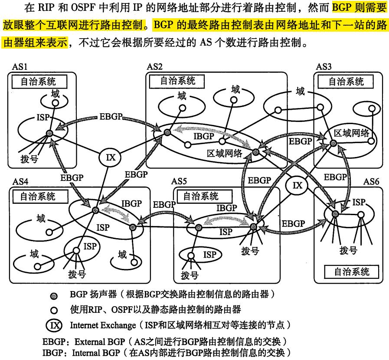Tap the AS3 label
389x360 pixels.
[x=324, y=66]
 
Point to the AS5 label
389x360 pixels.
[x=180, y=181]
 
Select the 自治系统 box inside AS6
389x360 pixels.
[x=352, y=272]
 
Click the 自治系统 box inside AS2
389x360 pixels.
[x=178, y=81]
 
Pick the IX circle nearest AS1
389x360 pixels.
[x=111, y=157]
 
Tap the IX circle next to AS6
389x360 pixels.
[x=297, y=186]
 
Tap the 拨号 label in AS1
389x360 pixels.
[x=29, y=159]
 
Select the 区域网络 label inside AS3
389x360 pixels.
[x=352, y=133]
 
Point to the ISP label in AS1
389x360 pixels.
[x=44, y=118]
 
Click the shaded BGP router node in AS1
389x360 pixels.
[x=49, y=133]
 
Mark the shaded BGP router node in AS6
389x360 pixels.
[x=334, y=213]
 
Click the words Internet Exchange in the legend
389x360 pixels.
[x=98, y=324]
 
